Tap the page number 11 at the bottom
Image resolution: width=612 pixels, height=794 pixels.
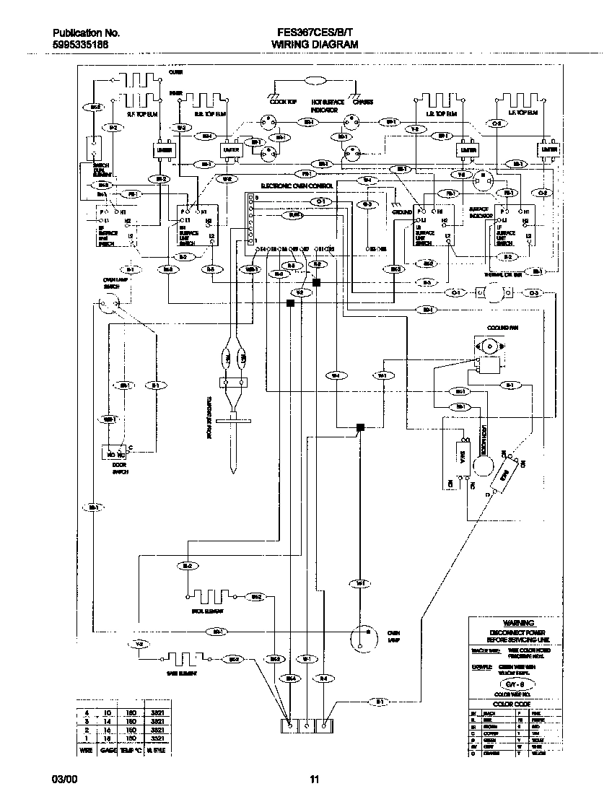314,780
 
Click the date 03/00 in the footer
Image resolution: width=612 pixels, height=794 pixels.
63,780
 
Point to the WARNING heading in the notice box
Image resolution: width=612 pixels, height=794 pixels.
518,623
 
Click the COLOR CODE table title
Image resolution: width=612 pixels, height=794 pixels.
512,703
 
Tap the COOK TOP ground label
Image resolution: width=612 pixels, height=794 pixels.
283,102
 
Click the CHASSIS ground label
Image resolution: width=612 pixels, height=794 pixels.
362,102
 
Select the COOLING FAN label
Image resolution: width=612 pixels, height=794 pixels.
498,327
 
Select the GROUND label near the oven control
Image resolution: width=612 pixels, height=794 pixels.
401,212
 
